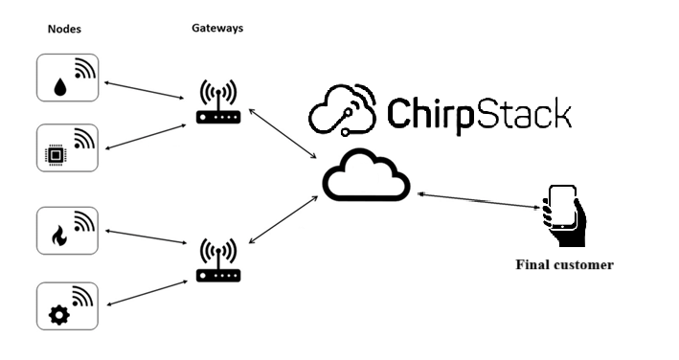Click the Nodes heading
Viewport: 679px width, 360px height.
(64, 29)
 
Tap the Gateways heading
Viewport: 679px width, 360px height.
(217, 28)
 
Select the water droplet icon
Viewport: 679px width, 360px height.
(60, 87)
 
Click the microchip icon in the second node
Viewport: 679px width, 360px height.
(56, 155)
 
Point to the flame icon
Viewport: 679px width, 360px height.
(58, 236)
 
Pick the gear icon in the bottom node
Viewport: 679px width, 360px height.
(58, 315)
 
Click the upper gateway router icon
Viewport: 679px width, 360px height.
(218, 102)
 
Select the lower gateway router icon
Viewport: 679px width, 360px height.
(218, 260)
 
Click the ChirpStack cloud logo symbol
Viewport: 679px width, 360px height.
(342, 109)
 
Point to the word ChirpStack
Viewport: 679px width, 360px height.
(479, 114)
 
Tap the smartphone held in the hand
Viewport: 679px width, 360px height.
(562, 207)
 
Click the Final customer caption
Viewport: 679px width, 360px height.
(564, 264)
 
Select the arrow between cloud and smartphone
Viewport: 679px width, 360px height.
(479, 201)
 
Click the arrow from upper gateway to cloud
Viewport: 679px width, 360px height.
(283, 134)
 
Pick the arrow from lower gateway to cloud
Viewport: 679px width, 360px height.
(283, 219)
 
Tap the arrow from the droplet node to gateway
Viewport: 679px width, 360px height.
(145, 90)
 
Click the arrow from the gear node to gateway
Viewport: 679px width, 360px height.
(147, 293)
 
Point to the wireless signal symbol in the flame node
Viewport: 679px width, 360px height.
(83, 221)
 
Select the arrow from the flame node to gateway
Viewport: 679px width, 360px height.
(146, 237)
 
